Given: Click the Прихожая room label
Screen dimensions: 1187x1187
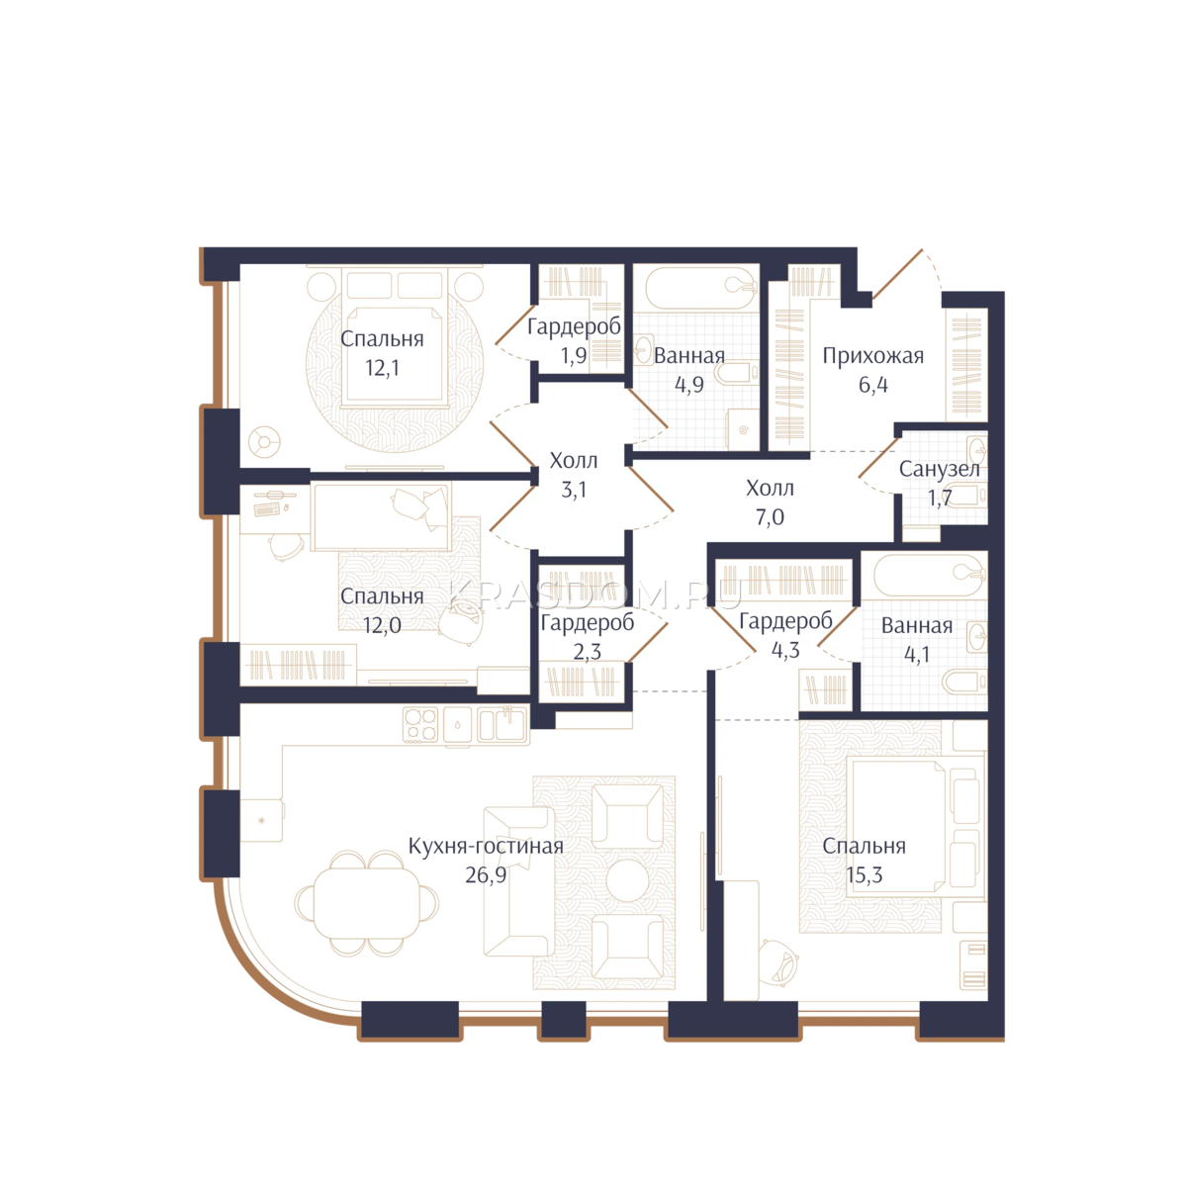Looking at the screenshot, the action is [872, 357].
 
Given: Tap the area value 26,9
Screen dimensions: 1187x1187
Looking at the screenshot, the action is [486, 875].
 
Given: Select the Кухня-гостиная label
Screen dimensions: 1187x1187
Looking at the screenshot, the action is [486, 847].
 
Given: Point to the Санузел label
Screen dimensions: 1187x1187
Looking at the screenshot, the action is [939, 470].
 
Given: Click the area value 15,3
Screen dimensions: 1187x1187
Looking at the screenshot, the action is [865, 875].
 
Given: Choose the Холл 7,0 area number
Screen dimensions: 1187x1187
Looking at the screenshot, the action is [770, 517].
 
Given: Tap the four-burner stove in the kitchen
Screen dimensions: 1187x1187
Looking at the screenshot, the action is [421, 724].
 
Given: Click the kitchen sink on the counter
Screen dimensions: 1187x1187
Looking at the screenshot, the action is [502, 725].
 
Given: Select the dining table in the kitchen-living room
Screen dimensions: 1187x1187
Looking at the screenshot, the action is [367, 904].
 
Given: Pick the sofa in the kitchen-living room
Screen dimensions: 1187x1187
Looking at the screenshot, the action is [519, 881].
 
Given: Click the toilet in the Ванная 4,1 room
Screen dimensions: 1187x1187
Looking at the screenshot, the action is [964, 683].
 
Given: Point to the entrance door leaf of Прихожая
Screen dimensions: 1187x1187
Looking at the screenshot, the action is [897, 274].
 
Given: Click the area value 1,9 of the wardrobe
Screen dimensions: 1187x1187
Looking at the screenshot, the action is [574, 356].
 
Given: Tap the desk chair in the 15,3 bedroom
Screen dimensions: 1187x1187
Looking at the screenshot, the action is [778, 962].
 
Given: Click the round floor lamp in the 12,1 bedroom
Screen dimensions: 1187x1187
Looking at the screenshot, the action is [264, 441].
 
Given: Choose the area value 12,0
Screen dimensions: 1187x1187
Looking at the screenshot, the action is [382, 626].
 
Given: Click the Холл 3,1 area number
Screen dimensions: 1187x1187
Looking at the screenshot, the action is [574, 491].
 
